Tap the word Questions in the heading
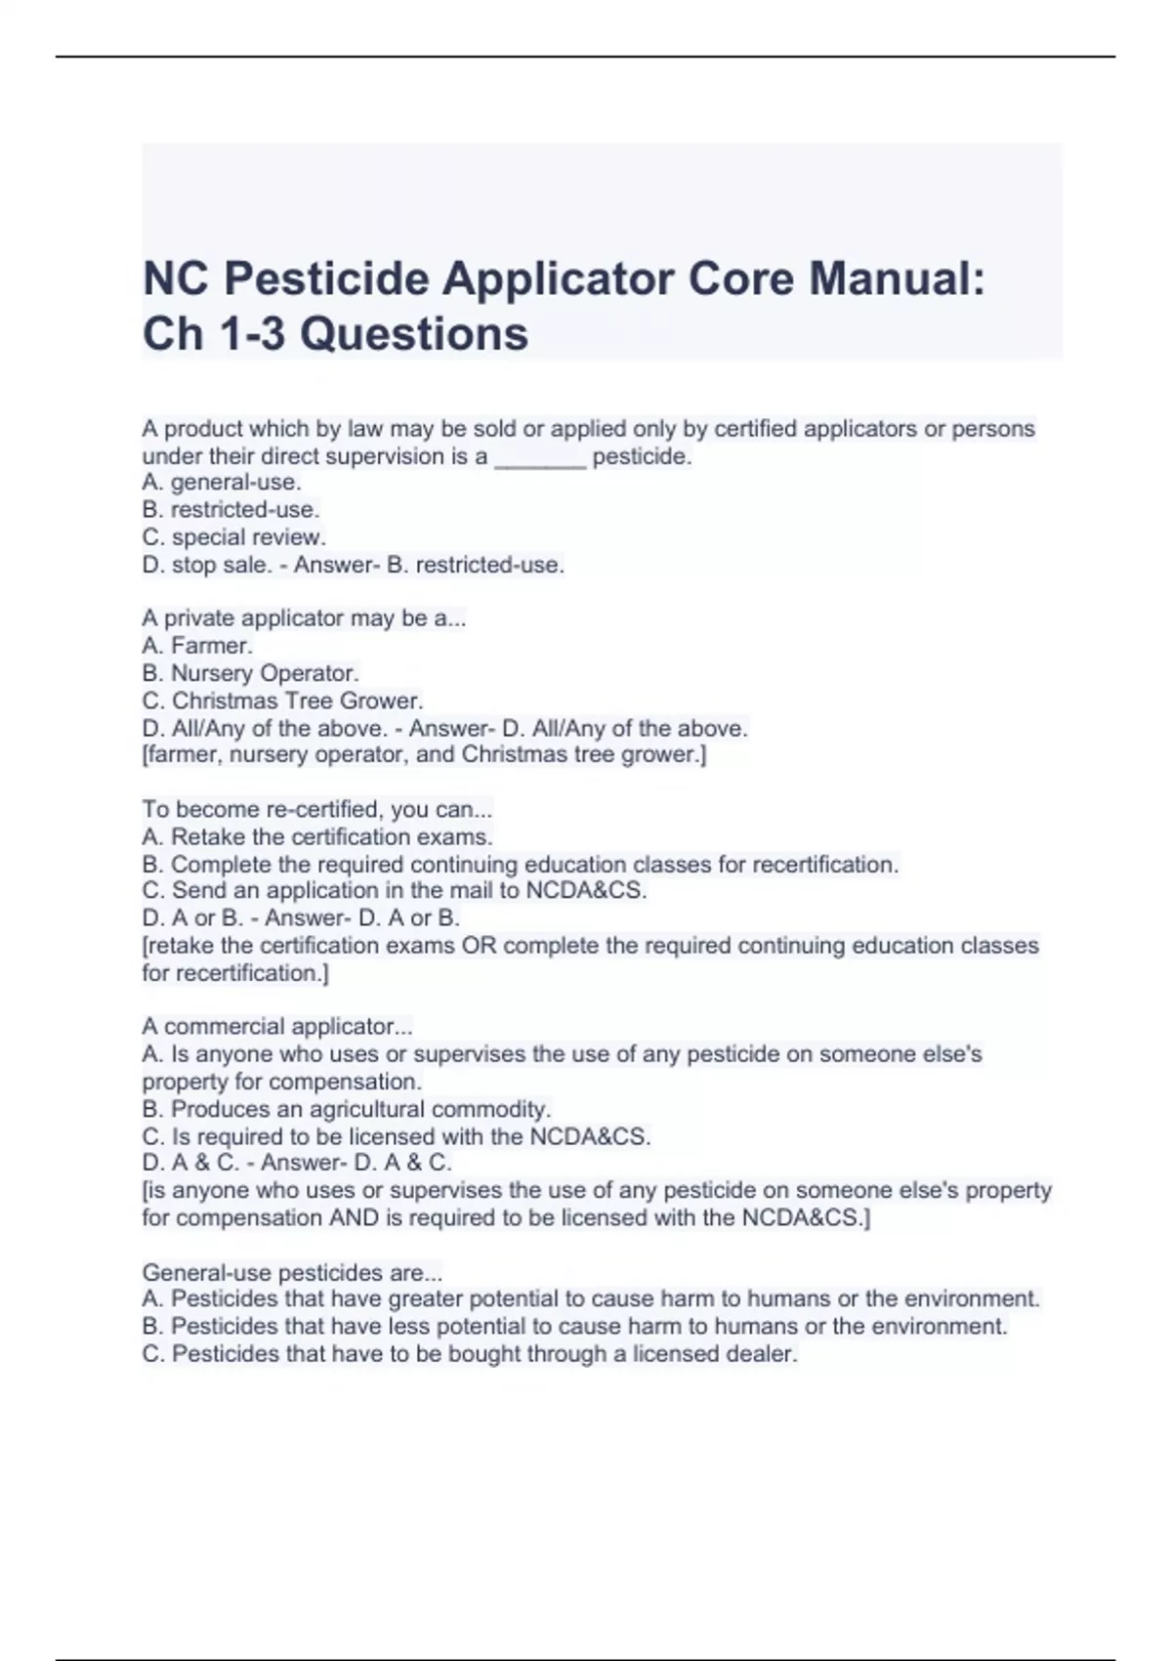(x=414, y=334)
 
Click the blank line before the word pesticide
(x=540, y=458)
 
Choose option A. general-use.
(x=222, y=483)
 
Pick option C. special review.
(x=234, y=537)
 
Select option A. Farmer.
(x=197, y=646)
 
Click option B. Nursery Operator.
(x=251, y=673)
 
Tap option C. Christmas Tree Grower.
(x=282, y=701)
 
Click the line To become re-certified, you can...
(x=317, y=810)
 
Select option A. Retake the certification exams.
(x=317, y=837)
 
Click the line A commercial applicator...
(x=277, y=1027)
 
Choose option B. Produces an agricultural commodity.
(x=347, y=1110)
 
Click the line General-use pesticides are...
(x=292, y=1273)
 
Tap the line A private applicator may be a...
(x=304, y=618)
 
